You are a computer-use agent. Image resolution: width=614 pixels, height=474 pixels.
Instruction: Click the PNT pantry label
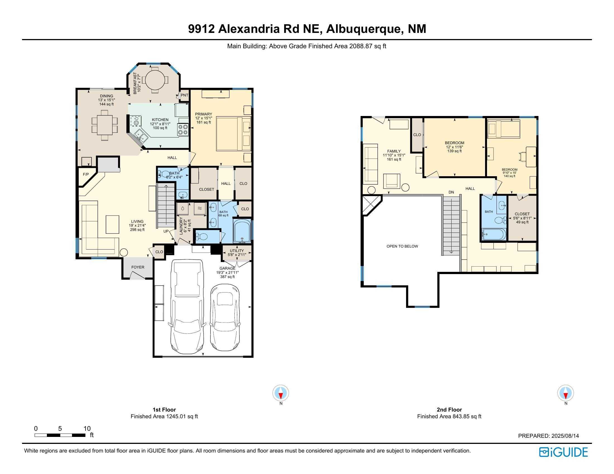pos(184,95)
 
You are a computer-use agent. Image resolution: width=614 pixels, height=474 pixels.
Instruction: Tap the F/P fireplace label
pos(86,174)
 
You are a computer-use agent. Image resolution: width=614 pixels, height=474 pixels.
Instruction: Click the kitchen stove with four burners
pos(183,130)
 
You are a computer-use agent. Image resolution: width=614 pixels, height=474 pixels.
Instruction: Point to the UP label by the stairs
pos(166,231)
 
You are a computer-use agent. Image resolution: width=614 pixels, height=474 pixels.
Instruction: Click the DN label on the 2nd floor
pos(451,192)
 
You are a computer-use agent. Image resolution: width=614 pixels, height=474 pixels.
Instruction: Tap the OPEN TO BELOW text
pos(402,246)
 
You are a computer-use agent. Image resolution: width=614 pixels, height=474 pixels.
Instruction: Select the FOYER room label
pos(138,267)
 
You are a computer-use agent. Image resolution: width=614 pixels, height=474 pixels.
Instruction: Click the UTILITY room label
pos(237,251)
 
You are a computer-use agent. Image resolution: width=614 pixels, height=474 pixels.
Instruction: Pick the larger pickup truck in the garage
pos(187,306)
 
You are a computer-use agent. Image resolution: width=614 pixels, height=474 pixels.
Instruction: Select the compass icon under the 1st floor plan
pos(280,393)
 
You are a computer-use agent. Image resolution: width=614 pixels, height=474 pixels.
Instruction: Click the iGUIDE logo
pos(563,452)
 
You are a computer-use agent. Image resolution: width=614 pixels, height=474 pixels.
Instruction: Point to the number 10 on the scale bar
pos(87,429)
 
